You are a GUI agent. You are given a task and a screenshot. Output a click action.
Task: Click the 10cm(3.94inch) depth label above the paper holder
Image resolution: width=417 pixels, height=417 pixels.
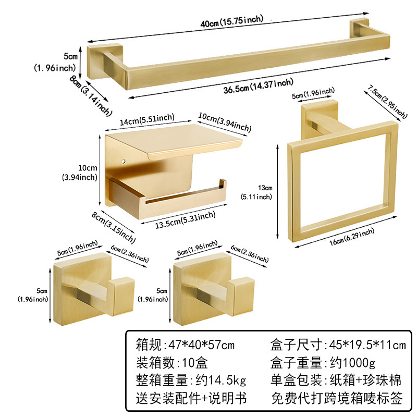click(x=224, y=122)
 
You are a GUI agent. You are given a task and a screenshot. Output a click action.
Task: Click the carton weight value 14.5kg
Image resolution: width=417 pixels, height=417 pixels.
click(x=224, y=381)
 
